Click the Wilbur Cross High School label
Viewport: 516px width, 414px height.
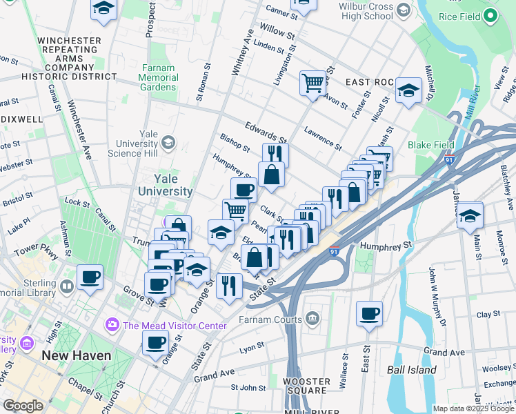point(359,11)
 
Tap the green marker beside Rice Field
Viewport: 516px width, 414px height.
point(490,16)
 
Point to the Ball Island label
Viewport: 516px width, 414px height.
point(411,370)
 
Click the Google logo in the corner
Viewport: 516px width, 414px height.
point(23,406)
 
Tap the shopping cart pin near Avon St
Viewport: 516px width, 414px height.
point(312,83)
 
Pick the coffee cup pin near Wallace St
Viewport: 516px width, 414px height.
point(369,313)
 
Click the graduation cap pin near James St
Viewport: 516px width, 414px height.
point(470,215)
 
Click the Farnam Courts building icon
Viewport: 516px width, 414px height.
point(312,318)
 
